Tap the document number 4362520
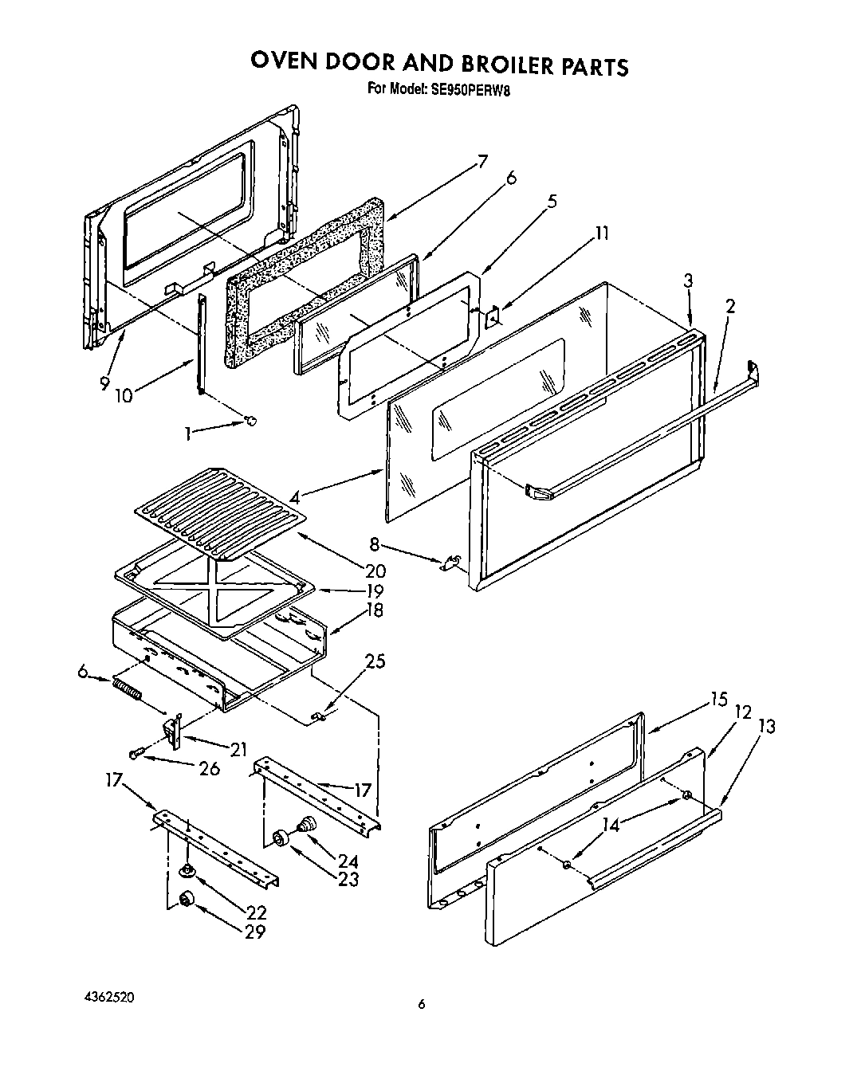pos(108,997)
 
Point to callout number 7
pos(482,160)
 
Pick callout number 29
pos(254,931)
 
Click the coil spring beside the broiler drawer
pos(128,687)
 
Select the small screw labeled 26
pos(135,752)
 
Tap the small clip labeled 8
pos(449,563)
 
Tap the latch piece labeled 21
pos(172,729)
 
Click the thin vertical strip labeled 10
pos(200,343)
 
